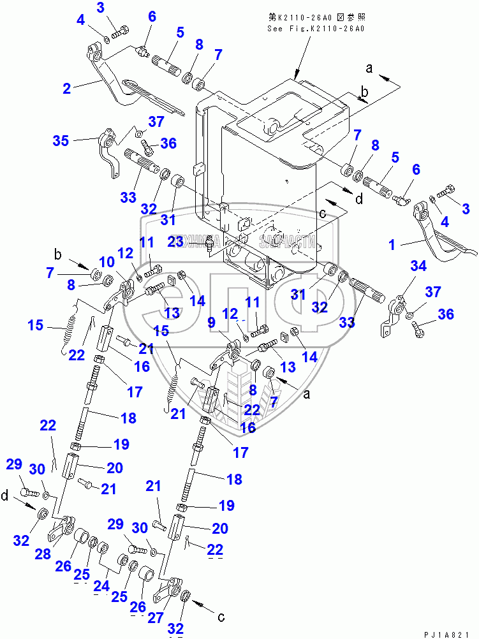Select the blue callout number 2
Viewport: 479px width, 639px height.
pos(66,89)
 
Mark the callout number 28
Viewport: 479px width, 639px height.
pos(42,554)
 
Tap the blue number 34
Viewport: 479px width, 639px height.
pos(418,265)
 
